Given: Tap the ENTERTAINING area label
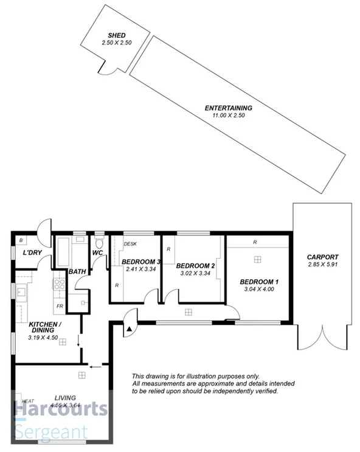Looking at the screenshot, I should click(x=228, y=108).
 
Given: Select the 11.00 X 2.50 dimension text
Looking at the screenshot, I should click(x=228, y=116).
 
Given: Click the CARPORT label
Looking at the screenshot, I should click(x=322, y=257).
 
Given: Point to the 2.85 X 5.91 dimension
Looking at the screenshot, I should click(x=322, y=265).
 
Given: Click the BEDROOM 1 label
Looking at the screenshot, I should click(x=259, y=282).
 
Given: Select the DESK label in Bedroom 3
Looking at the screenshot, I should click(x=130, y=244).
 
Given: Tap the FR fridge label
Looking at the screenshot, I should click(x=60, y=306).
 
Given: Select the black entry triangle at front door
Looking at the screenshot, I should click(x=129, y=329).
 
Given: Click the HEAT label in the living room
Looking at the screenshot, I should click(x=28, y=402).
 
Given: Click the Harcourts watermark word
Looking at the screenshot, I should click(x=61, y=411).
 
